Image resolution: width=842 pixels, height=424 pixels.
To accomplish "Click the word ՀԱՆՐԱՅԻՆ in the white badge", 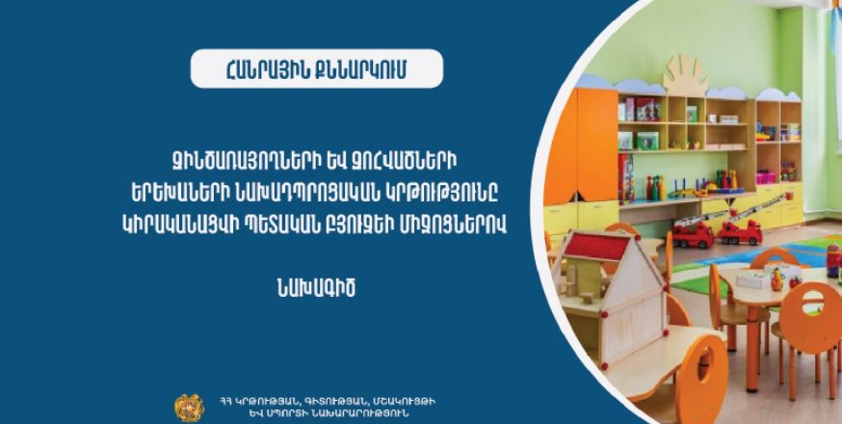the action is (x=264, y=68).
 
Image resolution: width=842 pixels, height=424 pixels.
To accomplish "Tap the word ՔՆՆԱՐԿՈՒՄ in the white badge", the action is (x=358, y=68).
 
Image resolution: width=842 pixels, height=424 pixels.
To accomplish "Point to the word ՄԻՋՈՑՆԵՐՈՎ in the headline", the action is (x=460, y=225).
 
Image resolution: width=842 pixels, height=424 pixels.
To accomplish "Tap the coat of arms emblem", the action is (x=189, y=408).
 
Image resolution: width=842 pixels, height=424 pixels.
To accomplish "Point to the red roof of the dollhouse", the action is (x=595, y=247).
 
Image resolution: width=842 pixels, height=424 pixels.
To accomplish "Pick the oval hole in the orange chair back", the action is (x=812, y=296).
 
